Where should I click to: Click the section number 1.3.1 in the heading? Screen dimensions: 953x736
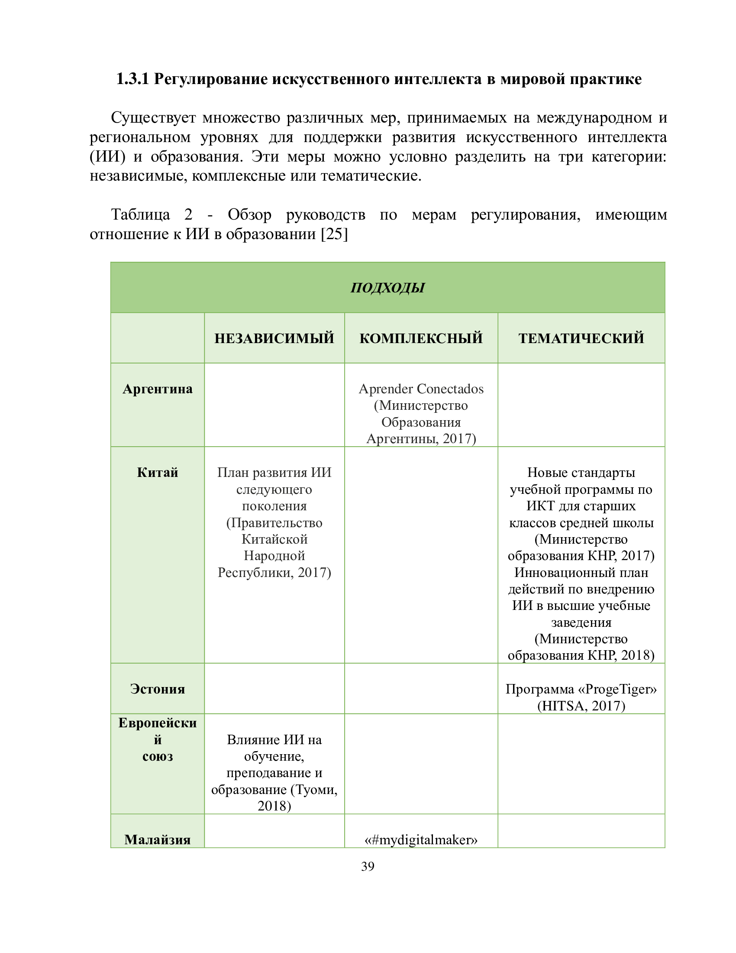[132, 79]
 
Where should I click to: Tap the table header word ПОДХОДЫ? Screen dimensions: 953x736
[387, 288]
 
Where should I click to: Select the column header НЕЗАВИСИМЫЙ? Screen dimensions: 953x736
[274, 338]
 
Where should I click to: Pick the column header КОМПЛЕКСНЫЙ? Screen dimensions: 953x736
[421, 338]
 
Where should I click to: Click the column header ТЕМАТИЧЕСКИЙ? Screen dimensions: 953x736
[581, 338]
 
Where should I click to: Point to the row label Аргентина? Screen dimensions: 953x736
[158, 389]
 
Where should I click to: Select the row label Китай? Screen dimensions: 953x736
[158, 473]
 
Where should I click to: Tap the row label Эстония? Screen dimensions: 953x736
[158, 689]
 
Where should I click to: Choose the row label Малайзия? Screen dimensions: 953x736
[158, 840]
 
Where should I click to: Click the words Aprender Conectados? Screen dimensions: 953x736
[421, 389]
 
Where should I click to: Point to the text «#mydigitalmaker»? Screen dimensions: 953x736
[421, 840]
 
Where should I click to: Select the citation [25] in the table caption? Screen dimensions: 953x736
[334, 234]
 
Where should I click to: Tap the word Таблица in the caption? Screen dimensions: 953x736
[140, 215]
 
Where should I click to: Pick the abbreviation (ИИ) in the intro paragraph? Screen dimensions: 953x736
[107, 157]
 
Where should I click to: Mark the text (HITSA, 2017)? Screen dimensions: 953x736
[581, 706]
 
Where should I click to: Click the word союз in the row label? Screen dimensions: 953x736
[158, 756]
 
